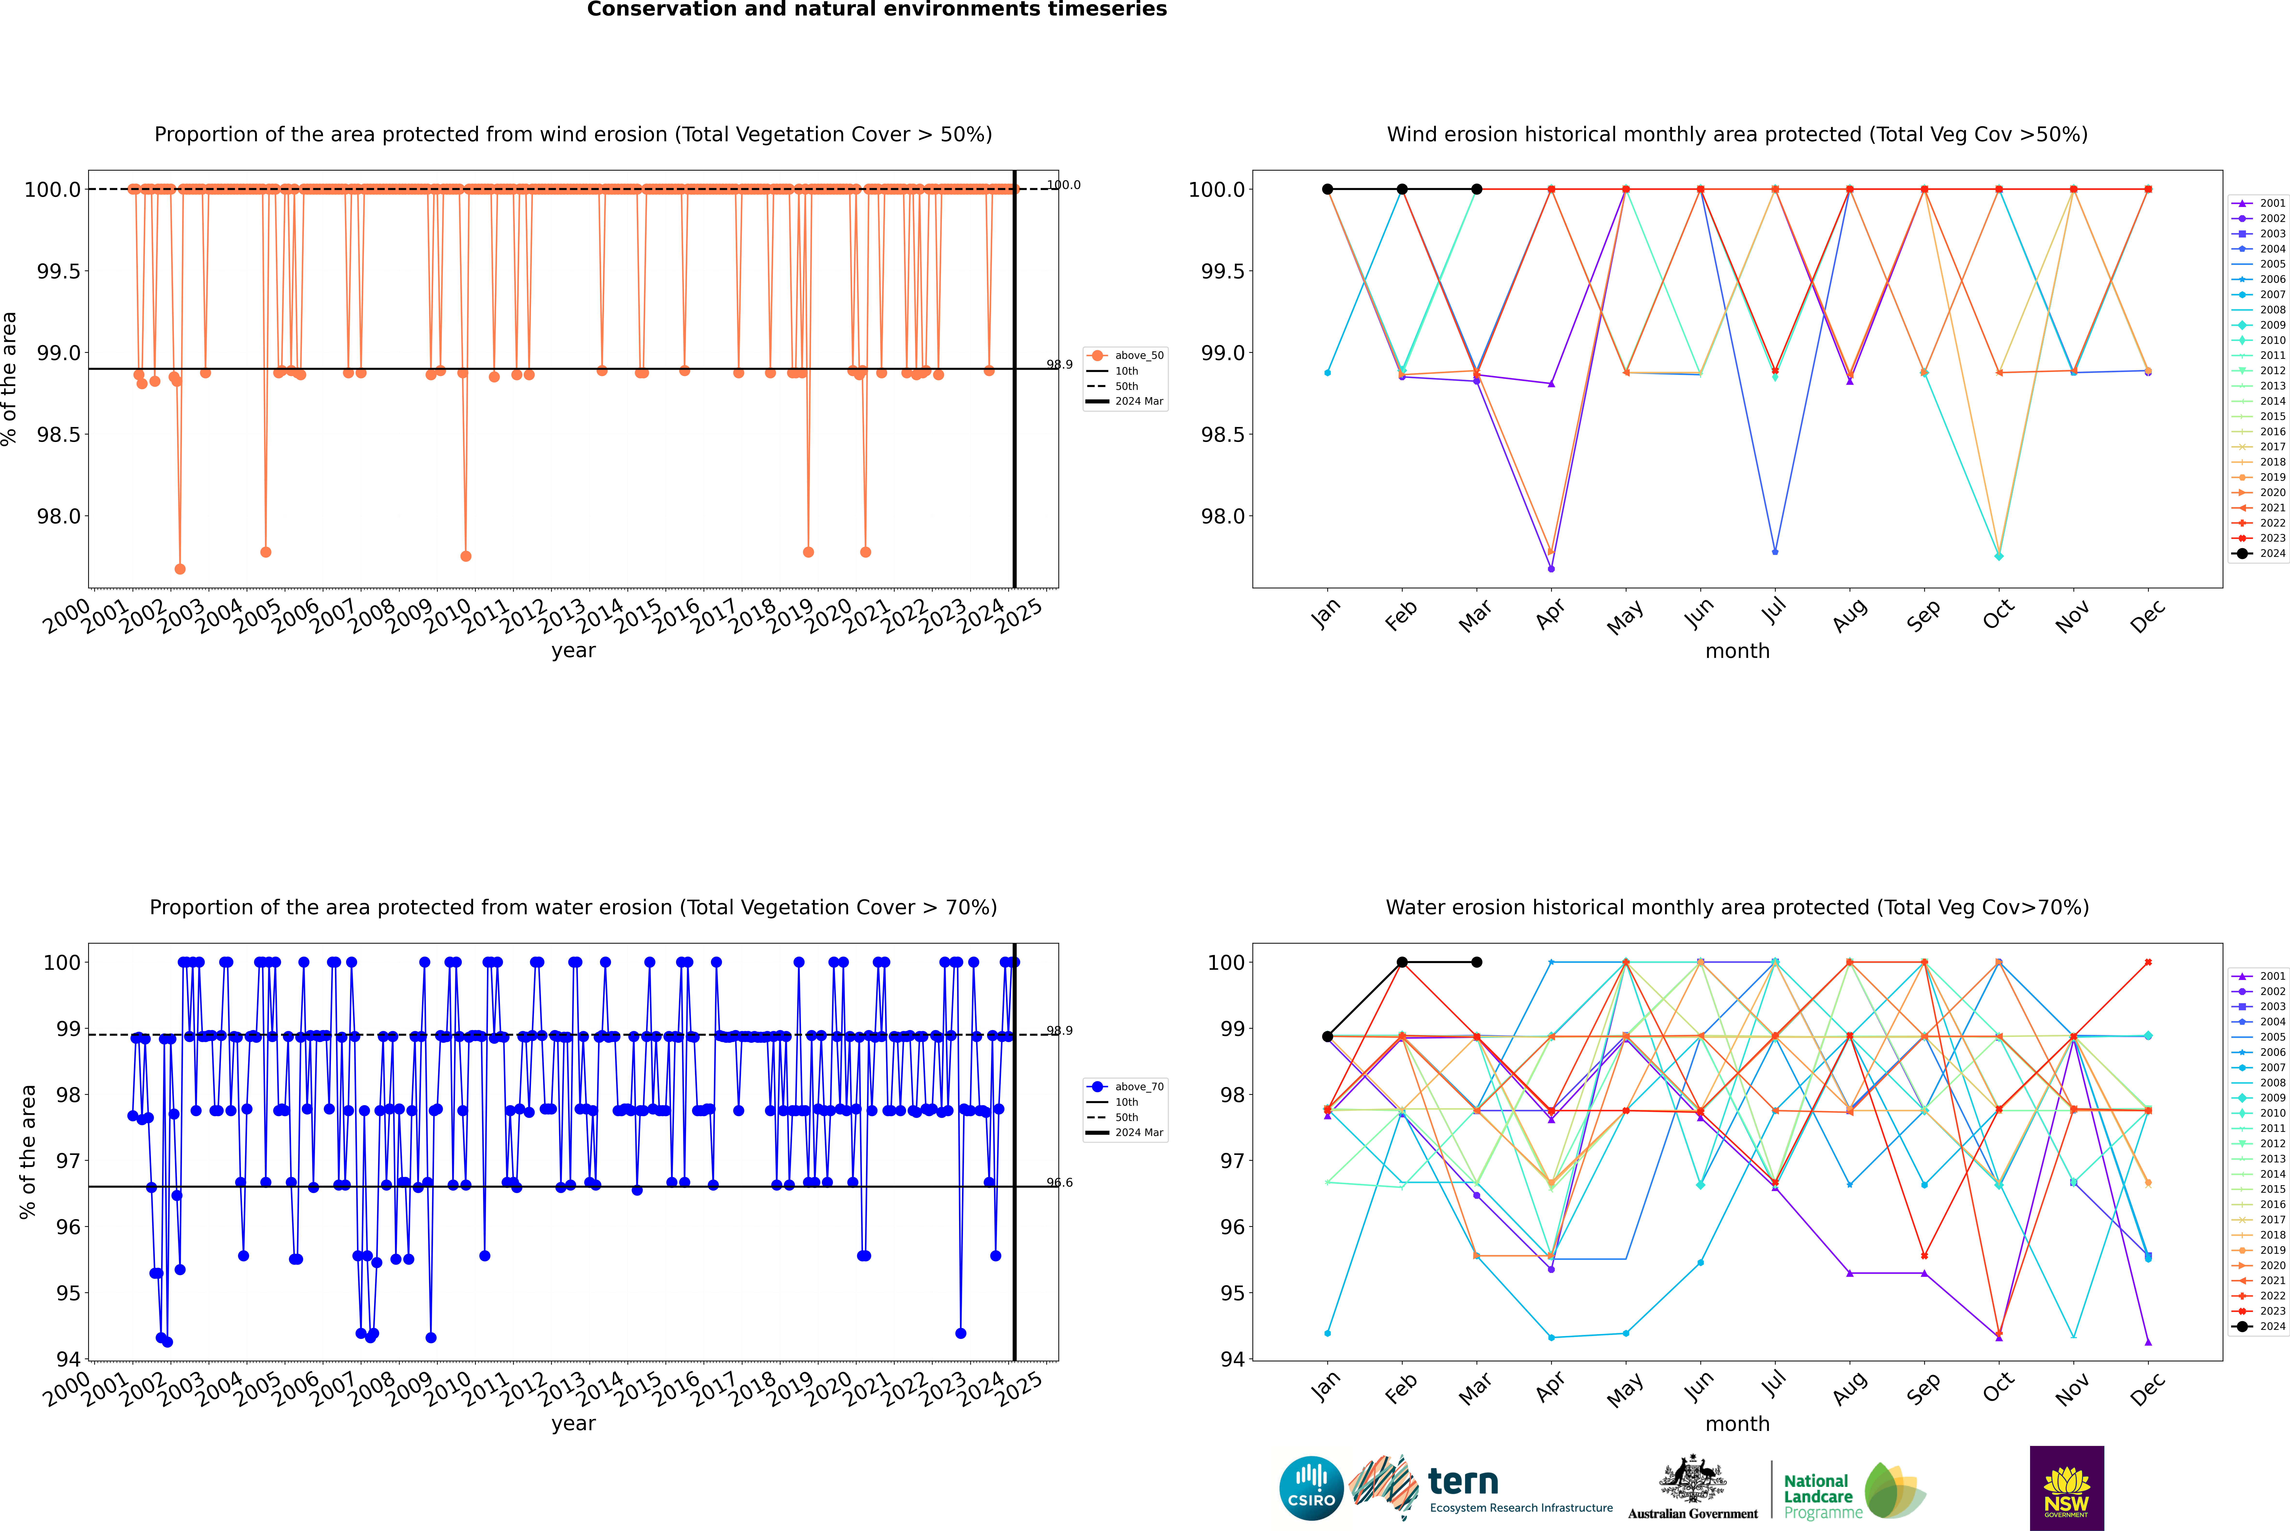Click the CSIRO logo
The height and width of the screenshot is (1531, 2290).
[1311, 1488]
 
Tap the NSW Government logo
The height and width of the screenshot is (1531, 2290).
[2066, 1488]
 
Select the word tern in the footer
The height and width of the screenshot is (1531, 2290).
[1462, 1481]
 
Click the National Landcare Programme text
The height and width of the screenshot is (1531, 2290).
[1818, 1496]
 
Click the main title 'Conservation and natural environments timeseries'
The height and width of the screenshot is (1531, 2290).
[876, 10]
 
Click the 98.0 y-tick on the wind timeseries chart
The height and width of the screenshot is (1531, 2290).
[59, 517]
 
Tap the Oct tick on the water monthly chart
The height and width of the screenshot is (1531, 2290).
[1997, 1387]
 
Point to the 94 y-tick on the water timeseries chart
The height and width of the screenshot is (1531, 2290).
[68, 1359]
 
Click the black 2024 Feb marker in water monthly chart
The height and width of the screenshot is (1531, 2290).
[1402, 962]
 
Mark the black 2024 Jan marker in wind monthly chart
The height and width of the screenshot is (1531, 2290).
[1328, 189]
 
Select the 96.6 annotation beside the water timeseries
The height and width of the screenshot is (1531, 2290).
[1059, 1183]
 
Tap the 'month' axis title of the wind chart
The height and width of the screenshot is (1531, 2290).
[1736, 651]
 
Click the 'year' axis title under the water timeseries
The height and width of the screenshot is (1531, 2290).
[573, 1424]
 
